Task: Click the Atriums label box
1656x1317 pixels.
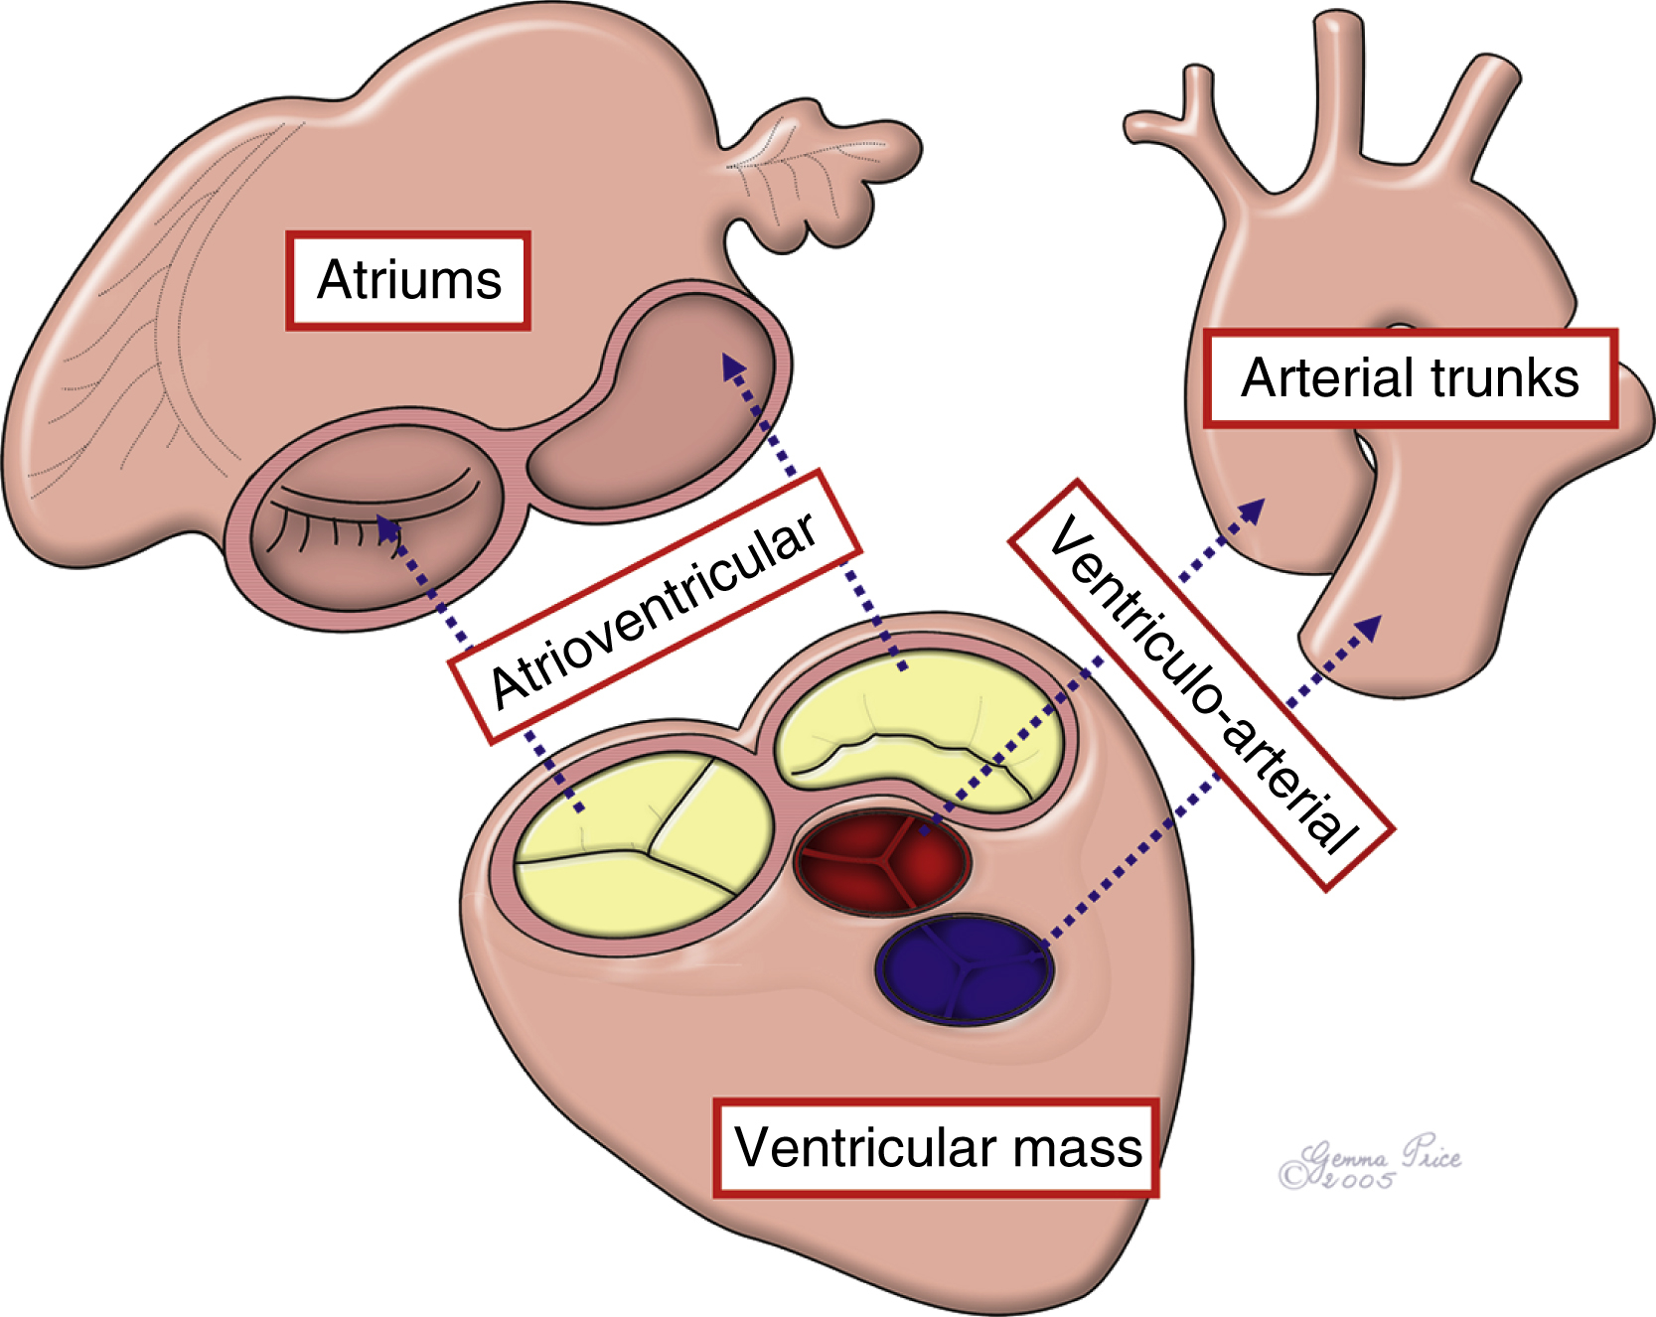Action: point(408,280)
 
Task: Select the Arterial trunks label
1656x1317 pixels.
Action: point(1410,378)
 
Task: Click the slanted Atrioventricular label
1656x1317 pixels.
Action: point(655,607)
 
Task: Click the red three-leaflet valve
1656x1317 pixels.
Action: point(881,860)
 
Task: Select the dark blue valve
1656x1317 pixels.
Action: point(964,969)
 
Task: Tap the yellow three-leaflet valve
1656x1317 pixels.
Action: point(644,844)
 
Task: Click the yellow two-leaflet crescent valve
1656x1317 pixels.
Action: point(919,730)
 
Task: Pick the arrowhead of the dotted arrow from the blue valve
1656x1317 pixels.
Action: point(1370,626)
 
